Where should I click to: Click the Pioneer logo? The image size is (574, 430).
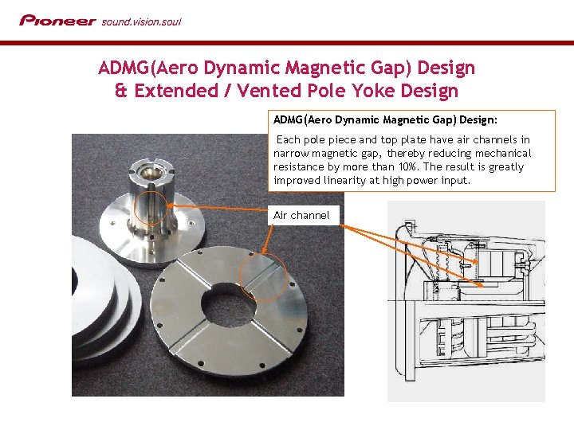coord(58,21)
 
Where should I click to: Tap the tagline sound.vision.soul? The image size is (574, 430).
coord(141,22)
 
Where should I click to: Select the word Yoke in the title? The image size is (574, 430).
coord(373,91)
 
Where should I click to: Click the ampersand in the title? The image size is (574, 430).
coord(121,90)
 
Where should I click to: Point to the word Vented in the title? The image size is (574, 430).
coord(269,91)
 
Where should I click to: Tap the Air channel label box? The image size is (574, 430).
coord(303,215)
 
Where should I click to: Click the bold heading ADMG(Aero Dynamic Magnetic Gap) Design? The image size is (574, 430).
coord(385,120)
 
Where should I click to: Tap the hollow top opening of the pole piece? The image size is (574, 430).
coord(151,171)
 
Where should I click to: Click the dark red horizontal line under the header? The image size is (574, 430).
coord(287,43)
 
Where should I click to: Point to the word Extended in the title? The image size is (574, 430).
coord(176,91)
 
